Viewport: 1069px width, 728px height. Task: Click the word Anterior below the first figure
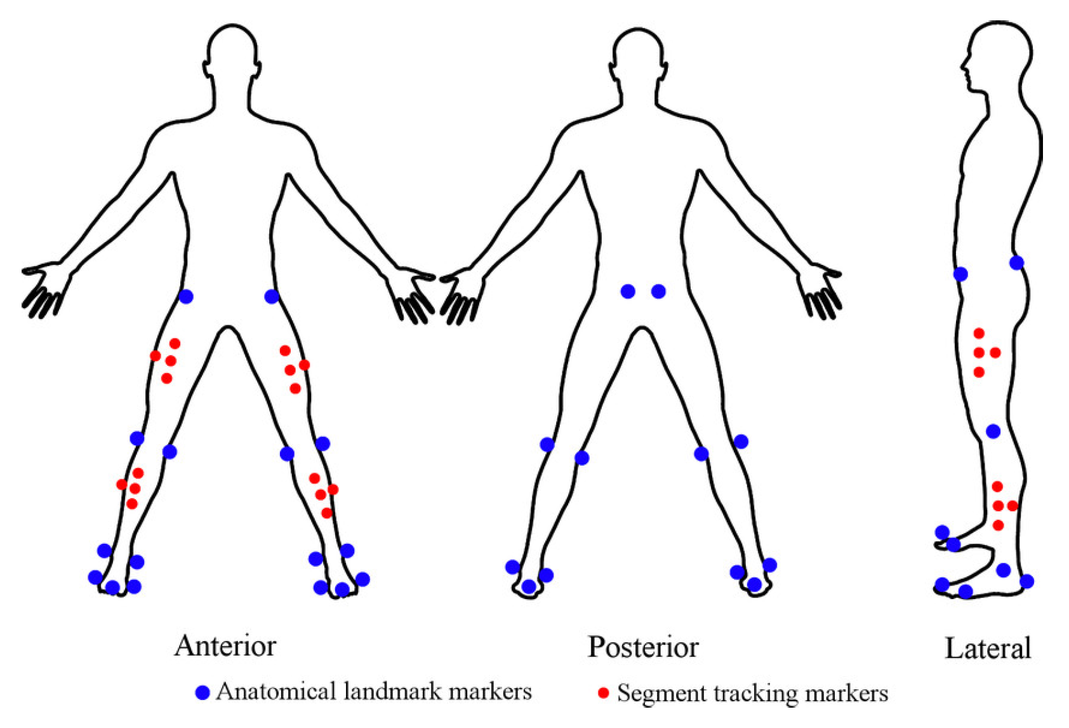tap(225, 646)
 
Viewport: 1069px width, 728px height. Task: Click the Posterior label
tap(643, 647)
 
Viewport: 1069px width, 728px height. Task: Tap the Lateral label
tap(987, 649)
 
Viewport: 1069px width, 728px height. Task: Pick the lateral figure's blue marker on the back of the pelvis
tap(1016, 262)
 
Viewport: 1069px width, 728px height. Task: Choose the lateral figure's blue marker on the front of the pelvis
tap(960, 274)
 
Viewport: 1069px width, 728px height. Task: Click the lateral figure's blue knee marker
tap(993, 431)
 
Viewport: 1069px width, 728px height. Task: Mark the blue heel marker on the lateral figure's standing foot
tap(1026, 581)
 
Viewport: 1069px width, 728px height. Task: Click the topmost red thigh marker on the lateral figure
tap(979, 333)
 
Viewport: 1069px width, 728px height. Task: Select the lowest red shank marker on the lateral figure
tap(998, 525)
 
